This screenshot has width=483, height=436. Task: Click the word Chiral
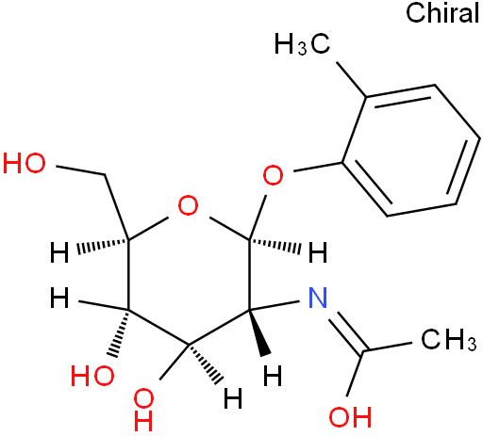pyautogui.click(x=442, y=12)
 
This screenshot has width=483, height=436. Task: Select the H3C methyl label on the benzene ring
pyautogui.click(x=302, y=44)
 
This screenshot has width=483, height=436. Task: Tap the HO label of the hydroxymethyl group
pyautogui.click(x=25, y=164)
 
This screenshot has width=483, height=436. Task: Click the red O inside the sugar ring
pyautogui.click(x=188, y=205)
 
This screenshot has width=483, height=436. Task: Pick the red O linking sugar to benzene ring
pyautogui.click(x=273, y=175)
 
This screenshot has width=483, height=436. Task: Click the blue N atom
pyautogui.click(x=318, y=298)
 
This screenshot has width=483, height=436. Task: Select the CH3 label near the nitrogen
pyautogui.click(x=449, y=340)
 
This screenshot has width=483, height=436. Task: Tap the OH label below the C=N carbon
pyautogui.click(x=350, y=417)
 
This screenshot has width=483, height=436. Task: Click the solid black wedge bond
pyautogui.click(x=260, y=332)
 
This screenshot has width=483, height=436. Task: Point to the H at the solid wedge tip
pyautogui.click(x=273, y=376)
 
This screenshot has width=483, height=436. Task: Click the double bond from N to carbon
pyautogui.click(x=346, y=332)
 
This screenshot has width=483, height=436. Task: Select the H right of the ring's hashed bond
pyautogui.click(x=318, y=252)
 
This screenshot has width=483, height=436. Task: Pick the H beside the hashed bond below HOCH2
pyautogui.click(x=59, y=252)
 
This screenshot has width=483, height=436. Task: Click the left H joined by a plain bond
pyautogui.click(x=59, y=298)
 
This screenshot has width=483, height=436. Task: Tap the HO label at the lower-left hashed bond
pyautogui.click(x=92, y=376)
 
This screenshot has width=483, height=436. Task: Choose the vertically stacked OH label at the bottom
pyautogui.click(x=143, y=410)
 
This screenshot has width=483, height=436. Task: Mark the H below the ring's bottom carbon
pyautogui.click(x=233, y=398)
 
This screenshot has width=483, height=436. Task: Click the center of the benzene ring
pyautogui.click(x=411, y=151)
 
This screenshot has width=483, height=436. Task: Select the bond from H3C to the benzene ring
pyautogui.click(x=351, y=79)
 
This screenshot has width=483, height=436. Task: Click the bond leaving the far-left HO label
pyautogui.click(x=81, y=170)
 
